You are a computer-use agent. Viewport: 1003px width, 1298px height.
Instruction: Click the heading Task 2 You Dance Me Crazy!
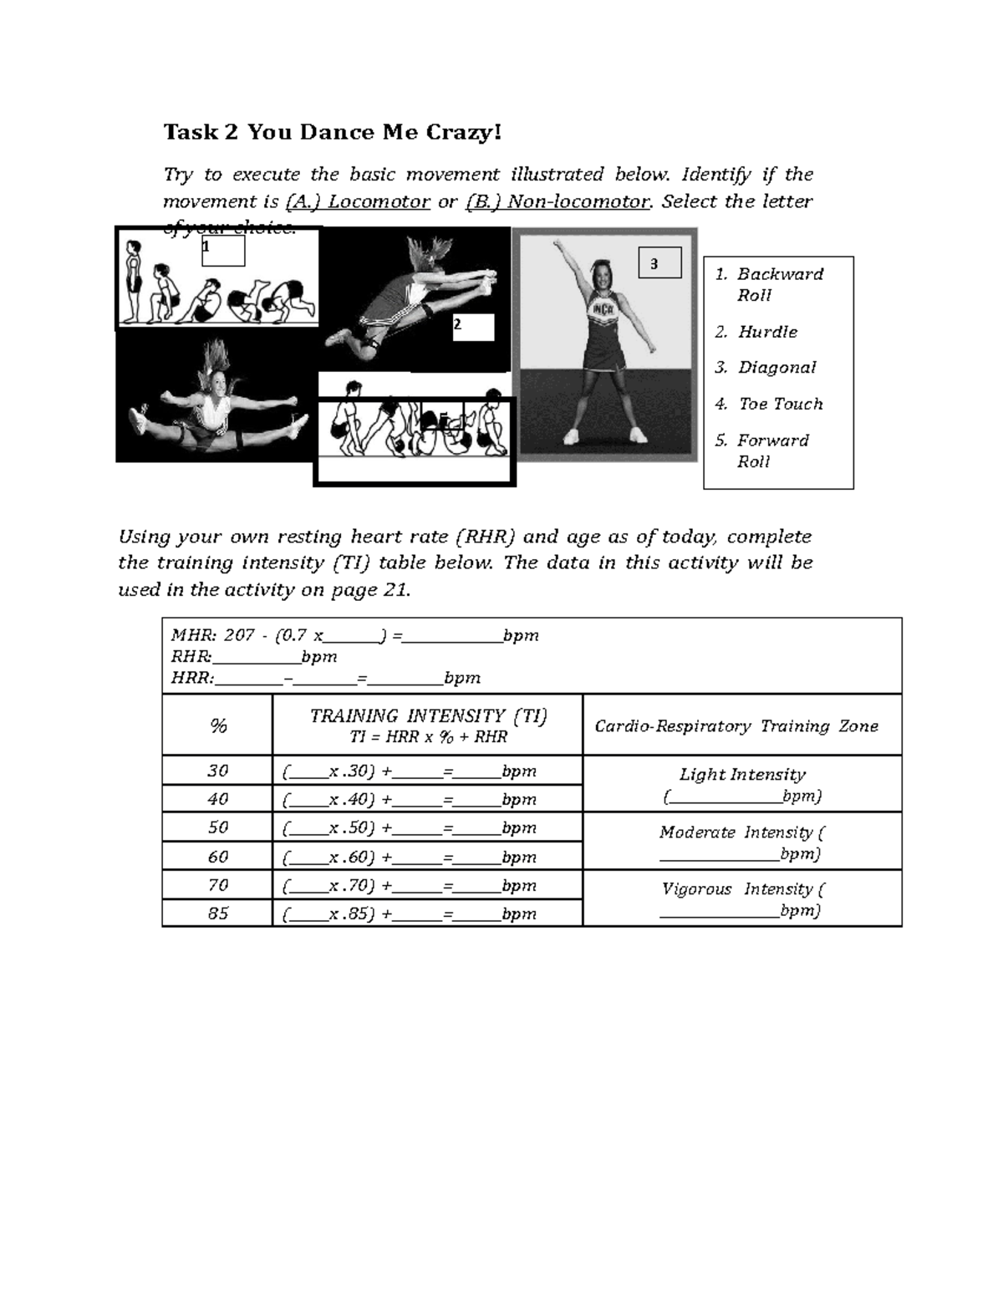332,132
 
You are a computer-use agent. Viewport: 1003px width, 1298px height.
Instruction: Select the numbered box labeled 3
659,262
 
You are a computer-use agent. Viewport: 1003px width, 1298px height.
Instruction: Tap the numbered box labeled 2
473,327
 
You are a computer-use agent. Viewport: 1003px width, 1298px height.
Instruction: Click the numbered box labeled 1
223,250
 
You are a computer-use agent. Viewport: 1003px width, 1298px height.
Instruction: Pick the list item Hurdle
766,332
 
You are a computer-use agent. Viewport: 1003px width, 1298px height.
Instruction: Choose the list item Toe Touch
780,404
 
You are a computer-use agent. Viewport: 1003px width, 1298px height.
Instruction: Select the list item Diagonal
776,368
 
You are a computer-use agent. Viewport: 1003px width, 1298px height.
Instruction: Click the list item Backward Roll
778,284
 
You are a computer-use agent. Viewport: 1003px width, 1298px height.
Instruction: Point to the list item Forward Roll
771,450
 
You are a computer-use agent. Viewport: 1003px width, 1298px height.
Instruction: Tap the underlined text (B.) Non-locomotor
558,201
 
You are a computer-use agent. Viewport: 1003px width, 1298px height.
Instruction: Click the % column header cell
217,725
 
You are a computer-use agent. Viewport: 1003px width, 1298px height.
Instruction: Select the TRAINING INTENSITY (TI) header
427,725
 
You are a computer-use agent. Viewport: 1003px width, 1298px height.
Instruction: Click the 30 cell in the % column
217,771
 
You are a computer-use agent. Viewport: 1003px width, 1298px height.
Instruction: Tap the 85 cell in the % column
217,913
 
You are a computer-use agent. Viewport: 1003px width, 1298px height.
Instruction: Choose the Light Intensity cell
741,784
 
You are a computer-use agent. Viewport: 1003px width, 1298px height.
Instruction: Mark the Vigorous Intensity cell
741,898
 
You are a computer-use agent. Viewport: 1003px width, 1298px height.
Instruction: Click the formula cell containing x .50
427,827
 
